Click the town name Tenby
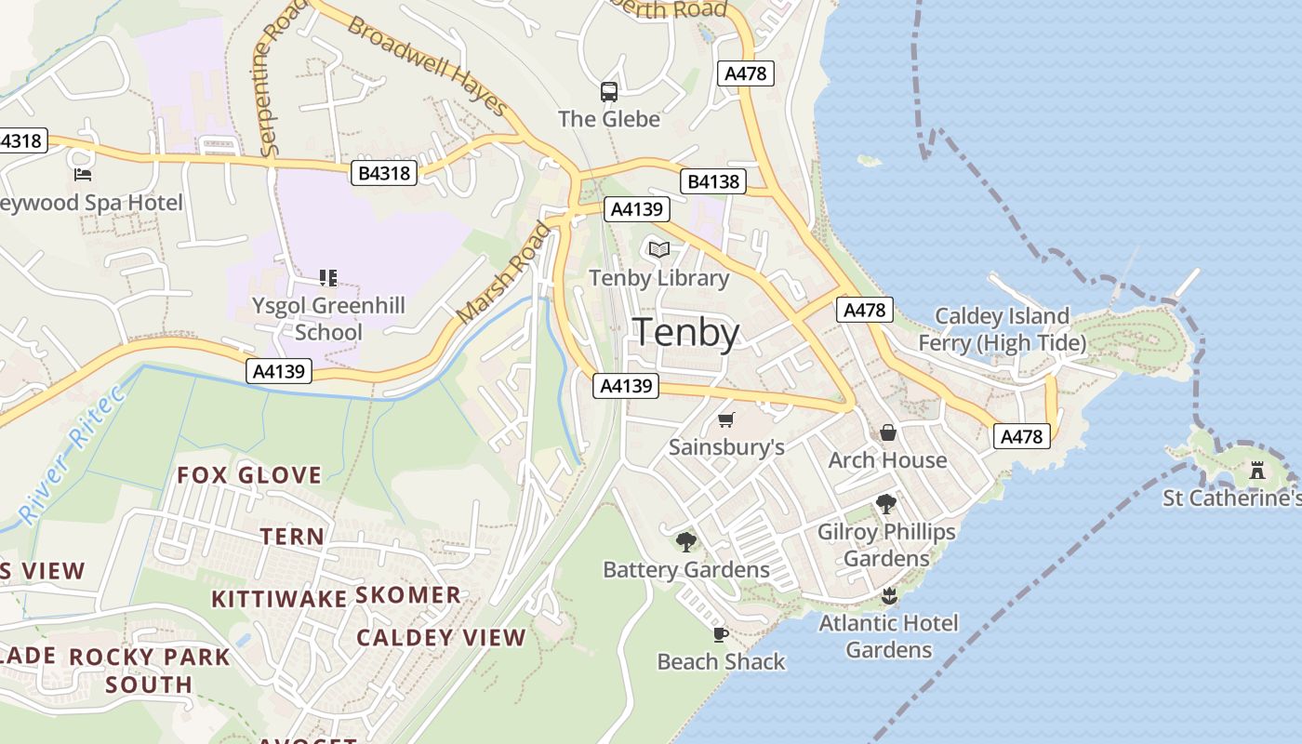pos(686,333)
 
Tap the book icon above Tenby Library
pos(659,249)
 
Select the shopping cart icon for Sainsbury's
pos(726,420)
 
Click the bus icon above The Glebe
pos(609,91)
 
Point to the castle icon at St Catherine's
pos(1257,471)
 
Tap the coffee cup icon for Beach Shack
pos(720,634)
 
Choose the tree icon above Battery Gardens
pos(686,541)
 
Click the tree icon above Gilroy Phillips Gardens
pos(886,504)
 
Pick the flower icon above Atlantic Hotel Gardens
pos(888,595)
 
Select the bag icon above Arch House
pos(888,432)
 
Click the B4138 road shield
pos(714,181)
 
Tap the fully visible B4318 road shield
pos(384,173)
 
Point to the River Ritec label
pos(70,454)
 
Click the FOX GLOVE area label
pos(249,475)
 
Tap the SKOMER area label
pos(408,595)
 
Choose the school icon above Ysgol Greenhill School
pos(327,277)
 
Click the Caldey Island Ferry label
pos(1002,329)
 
